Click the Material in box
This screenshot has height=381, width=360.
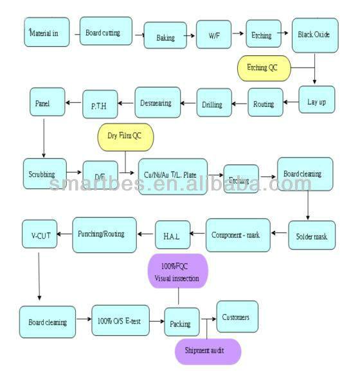pyautogui.click(x=47, y=32)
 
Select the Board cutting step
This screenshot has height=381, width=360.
pyautogui.click(x=106, y=32)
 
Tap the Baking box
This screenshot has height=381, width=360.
pyautogui.click(x=165, y=36)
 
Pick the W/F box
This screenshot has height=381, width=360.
pyautogui.click(x=213, y=35)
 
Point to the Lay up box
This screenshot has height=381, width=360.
pyautogui.click(x=317, y=100)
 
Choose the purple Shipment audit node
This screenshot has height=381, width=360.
pyautogui.click(x=208, y=351)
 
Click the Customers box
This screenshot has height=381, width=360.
pyautogui.click(x=237, y=317)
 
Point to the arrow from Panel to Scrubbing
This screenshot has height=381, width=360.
pyautogui.click(x=42, y=137)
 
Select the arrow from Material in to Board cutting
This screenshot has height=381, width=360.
pyautogui.click(x=75, y=32)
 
